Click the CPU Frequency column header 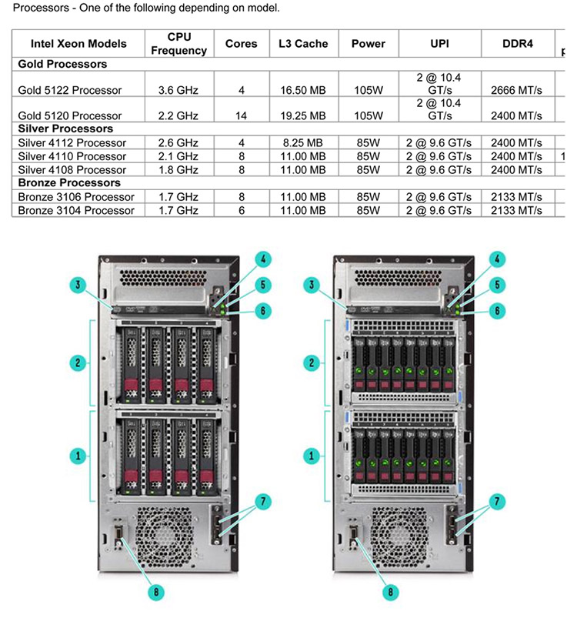[x=178, y=43]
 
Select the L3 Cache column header [x=303, y=43]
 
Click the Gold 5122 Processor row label [x=70, y=90]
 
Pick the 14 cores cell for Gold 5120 [x=241, y=116]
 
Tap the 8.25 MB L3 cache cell [x=302, y=142]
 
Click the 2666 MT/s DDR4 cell [x=516, y=90]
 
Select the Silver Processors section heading [x=65, y=129]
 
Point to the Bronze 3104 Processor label [x=76, y=210]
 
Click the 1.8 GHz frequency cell [x=178, y=170]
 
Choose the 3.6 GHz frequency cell [x=178, y=90]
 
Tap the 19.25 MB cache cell [x=303, y=116]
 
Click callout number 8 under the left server [x=156, y=592]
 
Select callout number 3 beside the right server [x=312, y=285]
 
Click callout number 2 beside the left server [x=78, y=362]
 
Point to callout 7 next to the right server [x=497, y=501]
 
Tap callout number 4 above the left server [x=263, y=259]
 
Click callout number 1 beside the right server [x=312, y=456]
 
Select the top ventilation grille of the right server [x=398, y=278]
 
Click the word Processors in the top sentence [x=41, y=8]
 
